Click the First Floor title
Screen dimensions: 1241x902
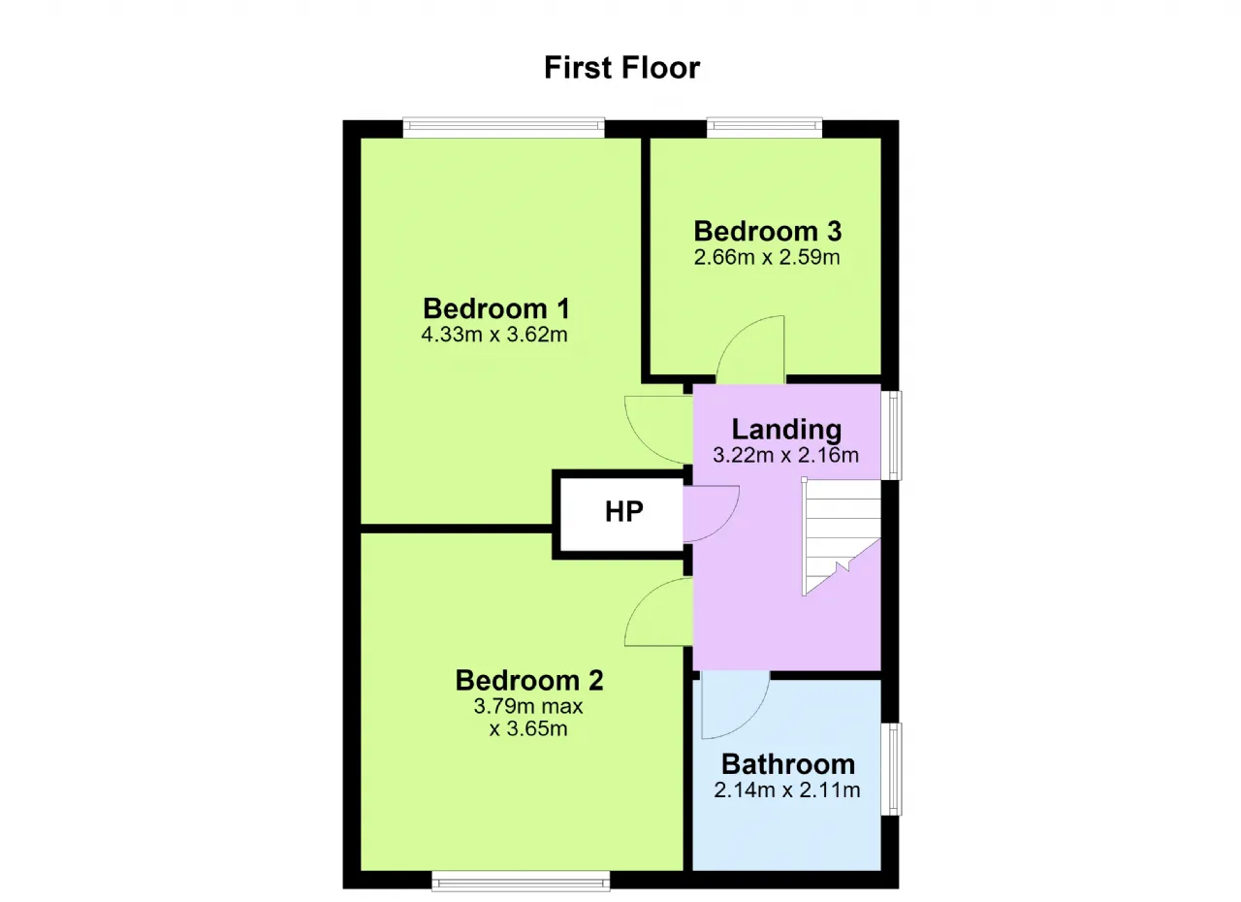[621, 68]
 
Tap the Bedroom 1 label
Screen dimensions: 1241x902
[495, 308]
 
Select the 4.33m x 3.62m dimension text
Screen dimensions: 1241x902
[494, 335]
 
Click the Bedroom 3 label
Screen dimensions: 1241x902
[767, 231]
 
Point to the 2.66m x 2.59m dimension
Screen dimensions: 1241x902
[767, 257]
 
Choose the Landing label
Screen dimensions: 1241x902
[786, 430]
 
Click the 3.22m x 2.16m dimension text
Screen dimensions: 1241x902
[785, 456]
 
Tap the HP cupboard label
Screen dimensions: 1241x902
[623, 511]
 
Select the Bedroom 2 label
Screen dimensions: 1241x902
[529, 680]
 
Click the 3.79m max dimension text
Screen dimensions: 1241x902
[528, 706]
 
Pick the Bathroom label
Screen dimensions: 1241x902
[788, 764]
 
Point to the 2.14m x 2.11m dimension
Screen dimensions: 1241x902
[786, 790]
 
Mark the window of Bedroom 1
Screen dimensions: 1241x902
[503, 127]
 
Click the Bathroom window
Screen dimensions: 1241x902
[891, 769]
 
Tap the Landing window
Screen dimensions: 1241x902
[891, 435]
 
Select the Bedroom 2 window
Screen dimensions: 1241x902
[521, 881]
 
